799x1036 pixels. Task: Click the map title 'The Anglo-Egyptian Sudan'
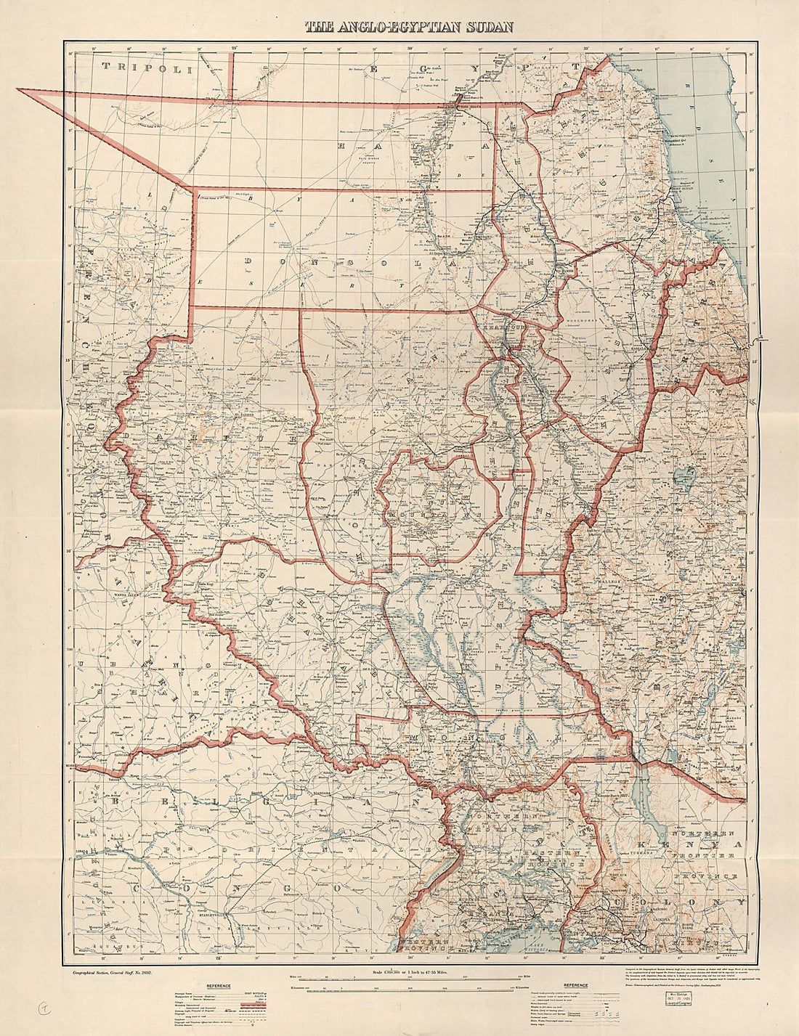(x=409, y=28)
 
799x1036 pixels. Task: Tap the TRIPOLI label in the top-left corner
(x=150, y=67)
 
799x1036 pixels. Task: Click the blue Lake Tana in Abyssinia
(x=683, y=477)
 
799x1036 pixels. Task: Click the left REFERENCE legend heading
(x=219, y=985)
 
